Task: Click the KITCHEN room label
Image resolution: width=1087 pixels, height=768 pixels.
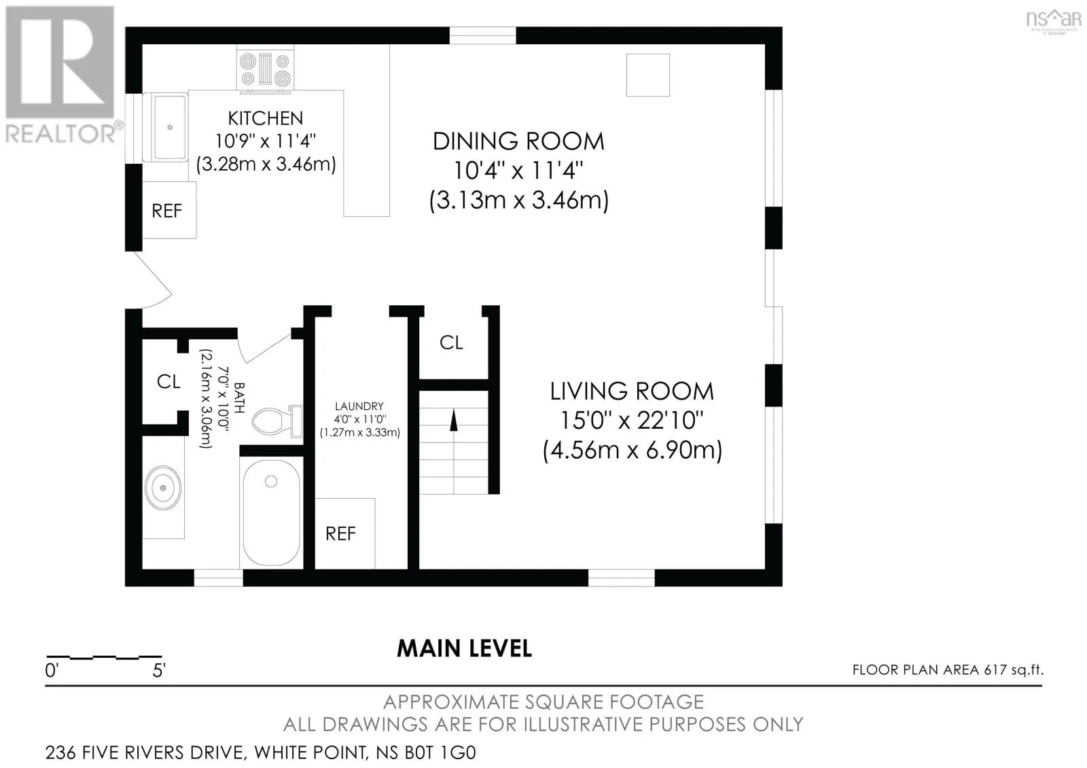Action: tap(266, 118)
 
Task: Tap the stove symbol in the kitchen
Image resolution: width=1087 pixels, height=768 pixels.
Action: tap(265, 70)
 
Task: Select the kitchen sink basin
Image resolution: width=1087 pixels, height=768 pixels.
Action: tap(170, 127)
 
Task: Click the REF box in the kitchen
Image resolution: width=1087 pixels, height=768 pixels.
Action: tap(169, 210)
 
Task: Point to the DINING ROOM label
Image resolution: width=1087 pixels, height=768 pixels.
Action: tap(518, 141)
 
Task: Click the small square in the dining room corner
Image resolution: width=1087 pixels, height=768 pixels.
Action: tap(648, 75)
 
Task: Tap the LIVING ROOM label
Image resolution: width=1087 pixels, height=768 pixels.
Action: tap(632, 391)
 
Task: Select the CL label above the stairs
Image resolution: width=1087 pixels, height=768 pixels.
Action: tap(451, 343)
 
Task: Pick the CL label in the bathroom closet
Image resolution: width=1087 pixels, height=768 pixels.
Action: tap(168, 381)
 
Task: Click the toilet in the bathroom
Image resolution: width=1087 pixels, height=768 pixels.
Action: tap(277, 421)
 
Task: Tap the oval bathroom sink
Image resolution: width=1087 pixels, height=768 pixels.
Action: tap(163, 488)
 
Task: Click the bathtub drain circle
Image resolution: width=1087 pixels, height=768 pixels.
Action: tap(271, 482)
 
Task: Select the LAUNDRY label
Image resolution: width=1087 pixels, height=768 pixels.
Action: tap(359, 406)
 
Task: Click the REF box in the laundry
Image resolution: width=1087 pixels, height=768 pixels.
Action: tap(345, 534)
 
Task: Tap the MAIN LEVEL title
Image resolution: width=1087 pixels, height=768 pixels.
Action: tap(465, 648)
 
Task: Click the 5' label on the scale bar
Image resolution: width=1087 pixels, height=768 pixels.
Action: tap(159, 670)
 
